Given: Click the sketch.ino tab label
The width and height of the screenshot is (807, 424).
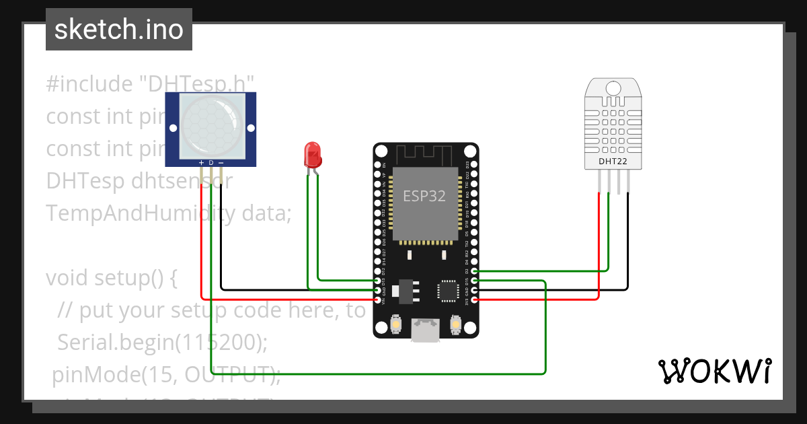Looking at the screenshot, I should [x=119, y=30].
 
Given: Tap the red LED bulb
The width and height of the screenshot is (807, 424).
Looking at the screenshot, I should [x=313, y=155].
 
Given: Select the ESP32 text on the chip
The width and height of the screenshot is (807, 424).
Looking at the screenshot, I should [x=424, y=196].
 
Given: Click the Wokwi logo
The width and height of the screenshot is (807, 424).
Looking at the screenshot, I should [x=714, y=371].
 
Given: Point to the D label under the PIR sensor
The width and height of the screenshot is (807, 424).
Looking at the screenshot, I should [x=210, y=163].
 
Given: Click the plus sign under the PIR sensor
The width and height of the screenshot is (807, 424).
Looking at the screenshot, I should [x=200, y=163].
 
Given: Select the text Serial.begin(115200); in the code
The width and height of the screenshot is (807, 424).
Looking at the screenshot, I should [x=162, y=343].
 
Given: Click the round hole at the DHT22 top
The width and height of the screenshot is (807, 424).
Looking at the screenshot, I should [x=613, y=88].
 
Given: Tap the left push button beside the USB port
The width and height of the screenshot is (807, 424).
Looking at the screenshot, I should [x=397, y=326].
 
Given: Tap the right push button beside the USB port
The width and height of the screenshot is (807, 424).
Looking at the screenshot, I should [x=455, y=326].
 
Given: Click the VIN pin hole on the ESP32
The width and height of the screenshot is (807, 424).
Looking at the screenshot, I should [x=377, y=300].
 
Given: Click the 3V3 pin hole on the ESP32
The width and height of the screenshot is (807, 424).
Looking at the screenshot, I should [x=475, y=300].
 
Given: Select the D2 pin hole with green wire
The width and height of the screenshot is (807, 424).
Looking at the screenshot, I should [x=475, y=271].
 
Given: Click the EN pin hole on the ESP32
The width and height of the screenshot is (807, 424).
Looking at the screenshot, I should [x=377, y=164].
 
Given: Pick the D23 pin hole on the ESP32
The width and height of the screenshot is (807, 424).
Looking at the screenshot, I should [x=475, y=164].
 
